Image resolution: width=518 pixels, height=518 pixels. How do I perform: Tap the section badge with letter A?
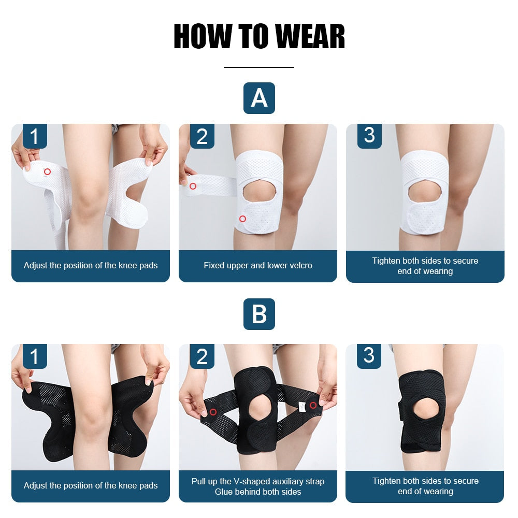(x=259, y=98)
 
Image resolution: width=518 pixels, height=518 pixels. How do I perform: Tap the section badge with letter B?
(x=259, y=314)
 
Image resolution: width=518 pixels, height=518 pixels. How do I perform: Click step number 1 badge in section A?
(x=35, y=136)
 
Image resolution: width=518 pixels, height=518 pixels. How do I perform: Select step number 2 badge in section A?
(x=202, y=136)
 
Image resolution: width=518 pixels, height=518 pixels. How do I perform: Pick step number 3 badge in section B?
(x=369, y=356)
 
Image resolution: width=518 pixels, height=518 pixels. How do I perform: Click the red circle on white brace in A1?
(x=47, y=171)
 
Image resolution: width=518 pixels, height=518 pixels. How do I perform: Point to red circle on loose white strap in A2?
(x=193, y=186)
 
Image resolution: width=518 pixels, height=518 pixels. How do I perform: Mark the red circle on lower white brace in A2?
(x=242, y=219)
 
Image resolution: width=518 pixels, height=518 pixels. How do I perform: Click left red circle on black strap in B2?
(x=213, y=412)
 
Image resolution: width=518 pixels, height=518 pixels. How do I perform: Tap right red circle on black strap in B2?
(x=313, y=405)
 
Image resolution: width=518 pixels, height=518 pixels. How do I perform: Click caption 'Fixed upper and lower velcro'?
(x=258, y=265)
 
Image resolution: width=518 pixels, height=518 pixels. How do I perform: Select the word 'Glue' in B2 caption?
(x=224, y=492)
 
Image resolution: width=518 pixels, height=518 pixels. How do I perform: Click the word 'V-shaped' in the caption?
(x=250, y=481)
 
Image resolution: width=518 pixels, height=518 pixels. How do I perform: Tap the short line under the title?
(x=259, y=67)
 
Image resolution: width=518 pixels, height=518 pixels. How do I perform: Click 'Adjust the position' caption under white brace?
(x=91, y=265)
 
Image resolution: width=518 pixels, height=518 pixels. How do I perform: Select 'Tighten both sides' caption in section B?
(x=425, y=481)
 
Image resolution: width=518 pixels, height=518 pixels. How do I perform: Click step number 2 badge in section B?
(x=202, y=356)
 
